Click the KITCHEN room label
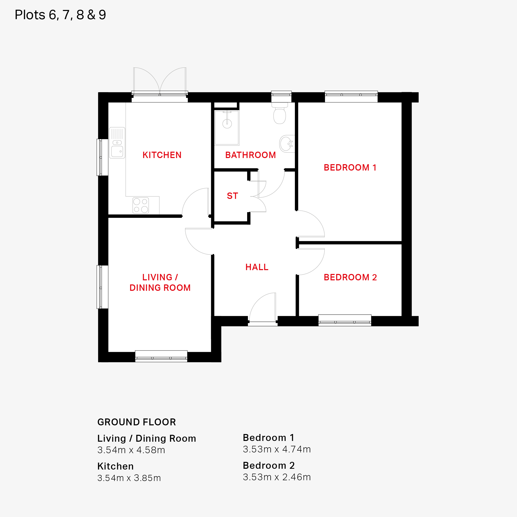[x=162, y=155]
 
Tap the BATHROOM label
[x=250, y=155]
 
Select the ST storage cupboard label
[x=232, y=196]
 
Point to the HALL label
[x=257, y=267]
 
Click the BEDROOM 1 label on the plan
[x=350, y=167]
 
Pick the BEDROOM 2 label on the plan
[x=350, y=277]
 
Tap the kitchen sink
[x=117, y=143]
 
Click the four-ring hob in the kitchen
[x=141, y=205]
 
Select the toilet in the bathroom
[x=280, y=113]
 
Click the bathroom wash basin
[x=287, y=144]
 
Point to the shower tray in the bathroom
[x=227, y=128]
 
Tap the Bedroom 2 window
[x=345, y=320]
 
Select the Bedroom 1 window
[x=351, y=97]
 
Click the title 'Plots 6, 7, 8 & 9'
[x=60, y=15]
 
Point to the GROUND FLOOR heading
[x=137, y=422]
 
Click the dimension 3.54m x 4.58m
[x=131, y=450]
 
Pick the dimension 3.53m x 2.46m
[x=277, y=477]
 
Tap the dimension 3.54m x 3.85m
[x=129, y=478]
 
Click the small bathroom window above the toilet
[x=281, y=96]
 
